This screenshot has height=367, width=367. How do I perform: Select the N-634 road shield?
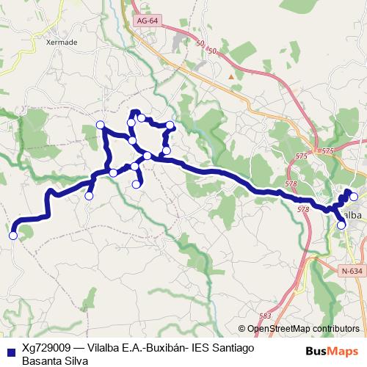(352, 271)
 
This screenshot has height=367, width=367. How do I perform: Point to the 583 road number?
(265, 316)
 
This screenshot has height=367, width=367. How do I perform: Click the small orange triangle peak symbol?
(232, 76)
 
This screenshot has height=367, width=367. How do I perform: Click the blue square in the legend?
(8, 350)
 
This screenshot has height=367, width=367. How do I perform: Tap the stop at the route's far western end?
(12, 236)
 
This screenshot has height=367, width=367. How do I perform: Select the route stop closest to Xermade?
(101, 125)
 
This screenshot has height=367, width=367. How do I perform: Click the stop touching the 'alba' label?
(341, 225)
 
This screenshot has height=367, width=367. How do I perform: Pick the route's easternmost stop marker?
(354, 196)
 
